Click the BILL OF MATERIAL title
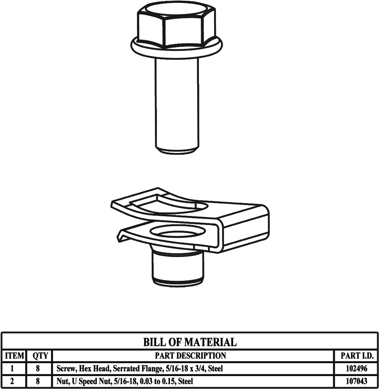point(190,342)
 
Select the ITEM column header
point(14,356)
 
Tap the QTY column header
point(40,356)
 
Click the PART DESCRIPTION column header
point(190,356)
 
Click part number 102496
point(356,369)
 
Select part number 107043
point(356,381)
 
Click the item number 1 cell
point(13,369)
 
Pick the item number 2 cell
point(13,381)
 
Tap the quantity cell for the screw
point(38,369)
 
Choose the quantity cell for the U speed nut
point(38,381)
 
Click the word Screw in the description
point(65,369)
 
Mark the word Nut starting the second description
point(62,381)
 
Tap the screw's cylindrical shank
point(176,104)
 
